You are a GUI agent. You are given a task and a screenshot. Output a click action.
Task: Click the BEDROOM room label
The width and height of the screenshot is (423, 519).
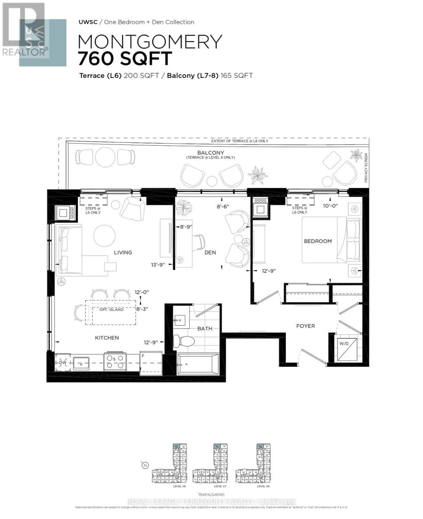[317, 241]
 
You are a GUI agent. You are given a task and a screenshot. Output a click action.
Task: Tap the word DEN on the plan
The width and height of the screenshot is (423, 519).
[210, 253]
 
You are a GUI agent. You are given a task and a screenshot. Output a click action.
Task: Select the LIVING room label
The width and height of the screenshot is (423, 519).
[123, 253]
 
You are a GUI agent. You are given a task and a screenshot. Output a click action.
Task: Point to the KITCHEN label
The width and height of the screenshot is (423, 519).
[107, 338]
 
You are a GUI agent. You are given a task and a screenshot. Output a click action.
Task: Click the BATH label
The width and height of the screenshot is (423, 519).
[205, 328]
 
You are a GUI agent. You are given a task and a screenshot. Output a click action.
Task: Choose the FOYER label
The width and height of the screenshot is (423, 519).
[305, 326]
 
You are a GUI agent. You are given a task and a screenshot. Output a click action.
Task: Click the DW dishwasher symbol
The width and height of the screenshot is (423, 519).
[62, 362]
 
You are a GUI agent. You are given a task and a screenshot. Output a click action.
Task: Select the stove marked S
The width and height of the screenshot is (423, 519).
[115, 362]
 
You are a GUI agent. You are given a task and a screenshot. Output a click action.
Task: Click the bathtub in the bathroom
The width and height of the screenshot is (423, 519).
[198, 363]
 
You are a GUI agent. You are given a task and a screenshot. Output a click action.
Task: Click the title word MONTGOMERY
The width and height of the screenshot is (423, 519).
[150, 42]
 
